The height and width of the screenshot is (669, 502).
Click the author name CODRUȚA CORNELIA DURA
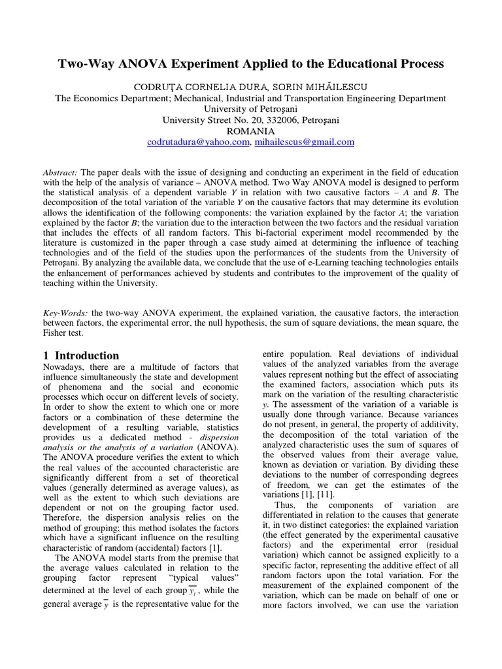tap(188, 86)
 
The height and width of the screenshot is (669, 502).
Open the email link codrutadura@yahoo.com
tap(199, 142)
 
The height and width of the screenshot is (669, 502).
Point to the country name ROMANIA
tap(250, 131)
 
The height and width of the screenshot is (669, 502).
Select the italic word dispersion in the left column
tap(218, 435)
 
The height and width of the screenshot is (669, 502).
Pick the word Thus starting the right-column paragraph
tap(286, 505)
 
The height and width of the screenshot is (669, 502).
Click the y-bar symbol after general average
tap(106, 604)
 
